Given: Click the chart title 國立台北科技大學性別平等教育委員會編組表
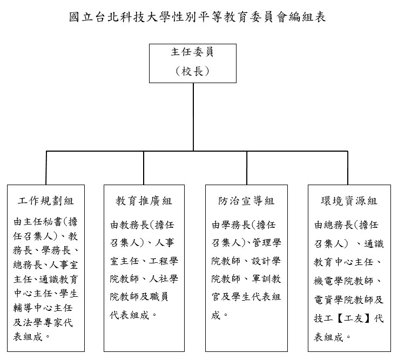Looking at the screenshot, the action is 198,17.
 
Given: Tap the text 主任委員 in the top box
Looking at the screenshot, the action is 192,52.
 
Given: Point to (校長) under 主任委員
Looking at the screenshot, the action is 192,71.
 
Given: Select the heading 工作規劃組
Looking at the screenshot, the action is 46,201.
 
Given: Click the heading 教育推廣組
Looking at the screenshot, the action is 144,201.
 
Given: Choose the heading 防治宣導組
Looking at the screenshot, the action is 246,201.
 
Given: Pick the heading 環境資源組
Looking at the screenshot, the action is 349,201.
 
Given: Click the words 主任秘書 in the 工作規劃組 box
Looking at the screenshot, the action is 43,222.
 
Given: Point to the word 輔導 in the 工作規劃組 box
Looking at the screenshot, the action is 23,308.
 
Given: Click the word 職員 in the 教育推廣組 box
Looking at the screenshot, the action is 159,296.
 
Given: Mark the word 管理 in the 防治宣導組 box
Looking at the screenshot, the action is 262,243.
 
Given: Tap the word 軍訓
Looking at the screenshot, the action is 261,279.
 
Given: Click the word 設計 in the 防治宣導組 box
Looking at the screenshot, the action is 261,261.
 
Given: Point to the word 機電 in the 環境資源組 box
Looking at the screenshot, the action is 323,281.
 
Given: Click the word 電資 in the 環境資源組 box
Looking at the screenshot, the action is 323,300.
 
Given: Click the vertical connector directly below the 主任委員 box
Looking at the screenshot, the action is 193,117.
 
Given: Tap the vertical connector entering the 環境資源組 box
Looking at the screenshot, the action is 347,168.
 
